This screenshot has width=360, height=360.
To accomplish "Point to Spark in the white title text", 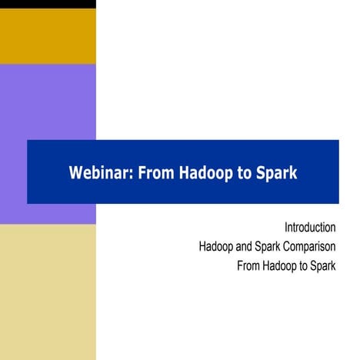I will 275,172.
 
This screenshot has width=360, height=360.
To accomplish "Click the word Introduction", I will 310,228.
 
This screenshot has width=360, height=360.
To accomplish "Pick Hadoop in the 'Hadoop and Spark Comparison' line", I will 216,248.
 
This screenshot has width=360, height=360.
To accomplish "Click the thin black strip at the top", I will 48,4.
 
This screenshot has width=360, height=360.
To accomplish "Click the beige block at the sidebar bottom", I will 48,292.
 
